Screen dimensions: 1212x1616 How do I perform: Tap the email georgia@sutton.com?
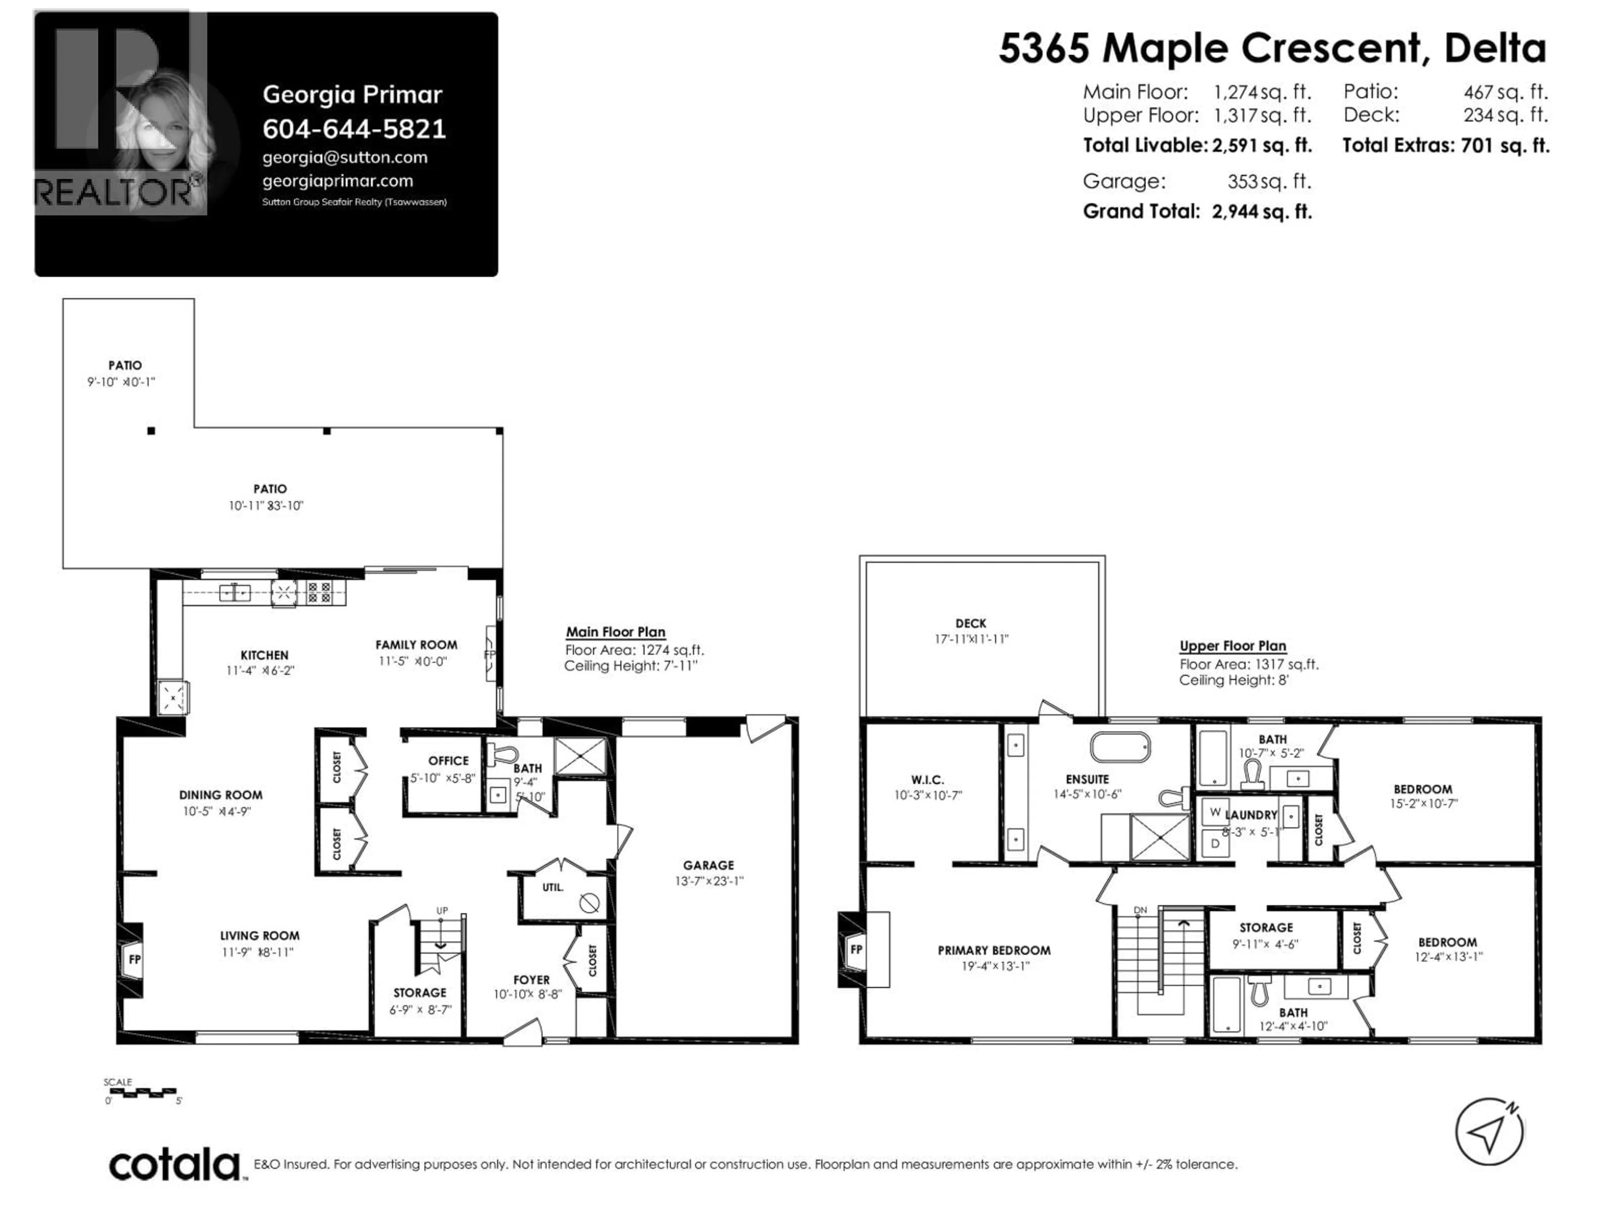[x=345, y=157]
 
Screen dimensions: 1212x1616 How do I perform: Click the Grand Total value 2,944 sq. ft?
[x=1262, y=212]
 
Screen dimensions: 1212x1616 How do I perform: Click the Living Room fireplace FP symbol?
[x=134, y=959]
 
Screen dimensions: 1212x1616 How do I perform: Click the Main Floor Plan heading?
[x=615, y=632]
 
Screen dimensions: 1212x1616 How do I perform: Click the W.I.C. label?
[x=928, y=779]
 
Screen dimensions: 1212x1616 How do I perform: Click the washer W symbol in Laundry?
[x=1215, y=812]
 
